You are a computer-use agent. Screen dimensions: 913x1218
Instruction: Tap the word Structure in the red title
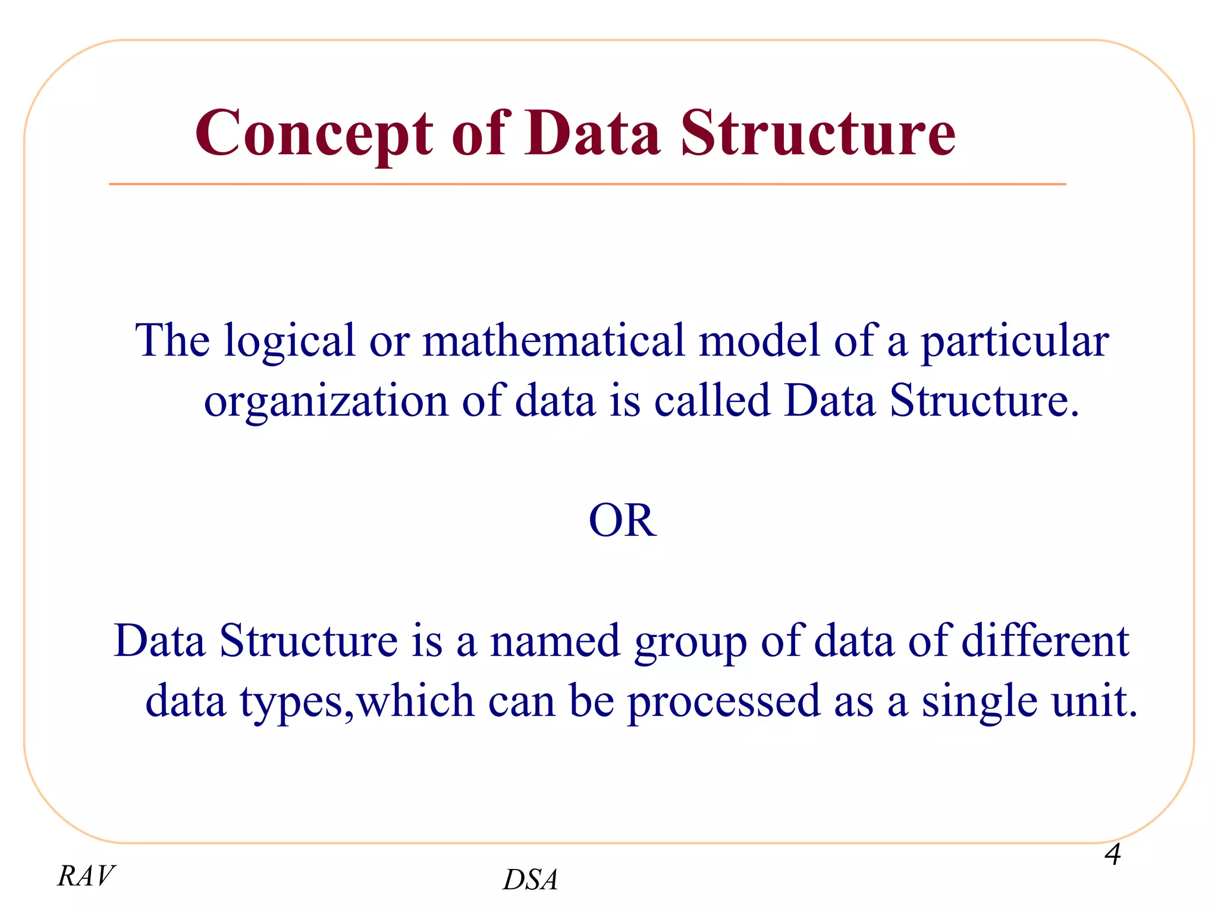click(818, 134)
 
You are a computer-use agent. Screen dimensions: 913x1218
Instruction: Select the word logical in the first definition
click(288, 341)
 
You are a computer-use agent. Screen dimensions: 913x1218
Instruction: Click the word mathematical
click(553, 341)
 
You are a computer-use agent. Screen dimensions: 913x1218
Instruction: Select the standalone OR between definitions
click(622, 520)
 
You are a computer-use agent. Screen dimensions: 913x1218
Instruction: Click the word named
click(555, 641)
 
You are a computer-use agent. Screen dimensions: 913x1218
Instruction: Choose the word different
click(1045, 641)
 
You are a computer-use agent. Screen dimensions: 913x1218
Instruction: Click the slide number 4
click(1112, 855)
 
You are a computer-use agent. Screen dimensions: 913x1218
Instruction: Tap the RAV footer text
click(86, 876)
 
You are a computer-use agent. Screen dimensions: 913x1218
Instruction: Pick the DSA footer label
click(530, 880)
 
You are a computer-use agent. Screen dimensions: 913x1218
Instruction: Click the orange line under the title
click(587, 184)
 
